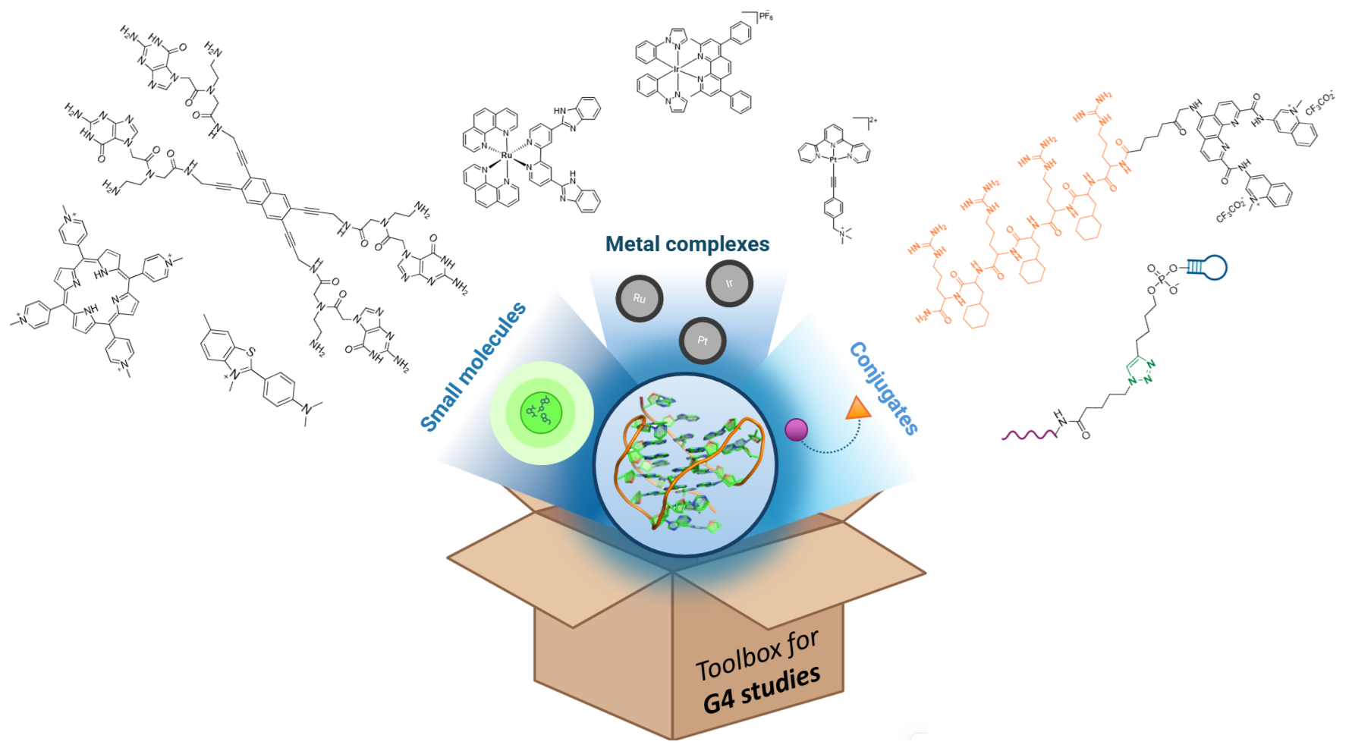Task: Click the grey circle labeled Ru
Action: pos(640,298)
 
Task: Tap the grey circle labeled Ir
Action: pos(729,284)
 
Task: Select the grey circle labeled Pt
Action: pos(703,341)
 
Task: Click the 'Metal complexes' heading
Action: pos(687,244)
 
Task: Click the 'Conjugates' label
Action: pos(884,388)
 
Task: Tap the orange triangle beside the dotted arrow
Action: pos(859,408)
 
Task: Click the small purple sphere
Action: pos(796,429)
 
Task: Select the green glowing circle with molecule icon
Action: pos(541,413)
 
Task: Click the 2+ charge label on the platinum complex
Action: pos(873,121)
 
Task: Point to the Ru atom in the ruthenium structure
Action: pos(507,155)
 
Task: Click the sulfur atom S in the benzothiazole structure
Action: pos(251,352)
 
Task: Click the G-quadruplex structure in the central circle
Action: pos(685,464)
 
